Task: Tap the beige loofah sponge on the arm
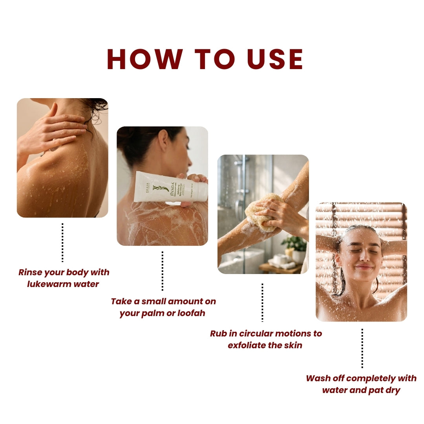pyautogui.click(x=261, y=211)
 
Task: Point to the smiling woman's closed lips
pyautogui.click(x=364, y=267)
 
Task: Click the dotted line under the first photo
pyautogui.click(x=62, y=242)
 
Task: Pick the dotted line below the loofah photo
pyautogui.click(x=262, y=302)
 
